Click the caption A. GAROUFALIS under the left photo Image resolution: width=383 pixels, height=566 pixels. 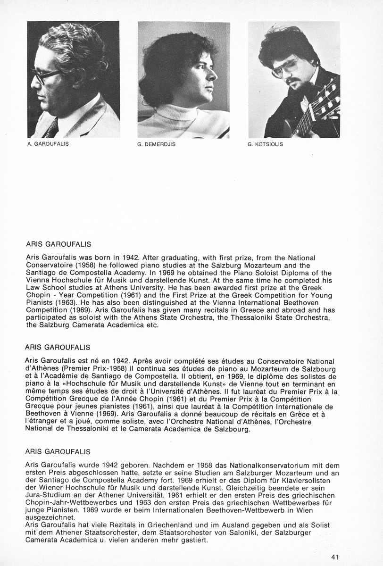coord(48,143)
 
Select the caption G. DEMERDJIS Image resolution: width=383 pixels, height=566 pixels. coord(157,144)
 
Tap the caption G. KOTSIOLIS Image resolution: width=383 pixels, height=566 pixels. coord(265,144)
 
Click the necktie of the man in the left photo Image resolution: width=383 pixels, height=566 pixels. coord(51,127)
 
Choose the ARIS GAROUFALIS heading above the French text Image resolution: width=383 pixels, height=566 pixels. coord(58,347)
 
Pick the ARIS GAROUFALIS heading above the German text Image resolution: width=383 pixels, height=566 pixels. coord(58,451)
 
